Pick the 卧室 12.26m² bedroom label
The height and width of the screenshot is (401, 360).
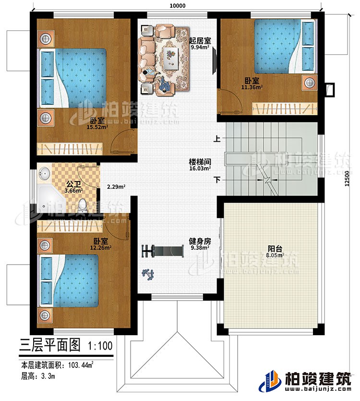point(100,245)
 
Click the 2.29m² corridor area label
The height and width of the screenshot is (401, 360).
point(116,186)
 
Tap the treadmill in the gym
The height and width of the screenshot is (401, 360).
point(163,251)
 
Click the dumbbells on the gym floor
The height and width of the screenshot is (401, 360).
point(148,275)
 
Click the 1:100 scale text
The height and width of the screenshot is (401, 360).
point(100,345)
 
